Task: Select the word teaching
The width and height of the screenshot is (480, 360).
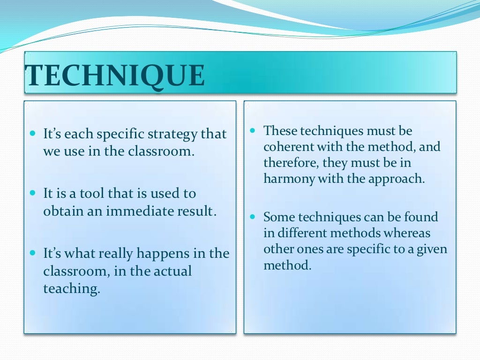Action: pyautogui.click(x=72, y=289)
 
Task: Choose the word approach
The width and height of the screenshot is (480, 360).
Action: pyautogui.click(x=400, y=179)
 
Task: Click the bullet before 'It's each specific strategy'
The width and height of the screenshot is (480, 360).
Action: pyautogui.click(x=32, y=134)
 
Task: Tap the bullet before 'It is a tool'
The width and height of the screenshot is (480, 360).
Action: pyautogui.click(x=32, y=193)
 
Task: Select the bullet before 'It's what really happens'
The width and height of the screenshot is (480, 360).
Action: pyautogui.click(x=32, y=253)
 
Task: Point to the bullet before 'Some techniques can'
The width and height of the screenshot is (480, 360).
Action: pyautogui.click(x=253, y=217)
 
